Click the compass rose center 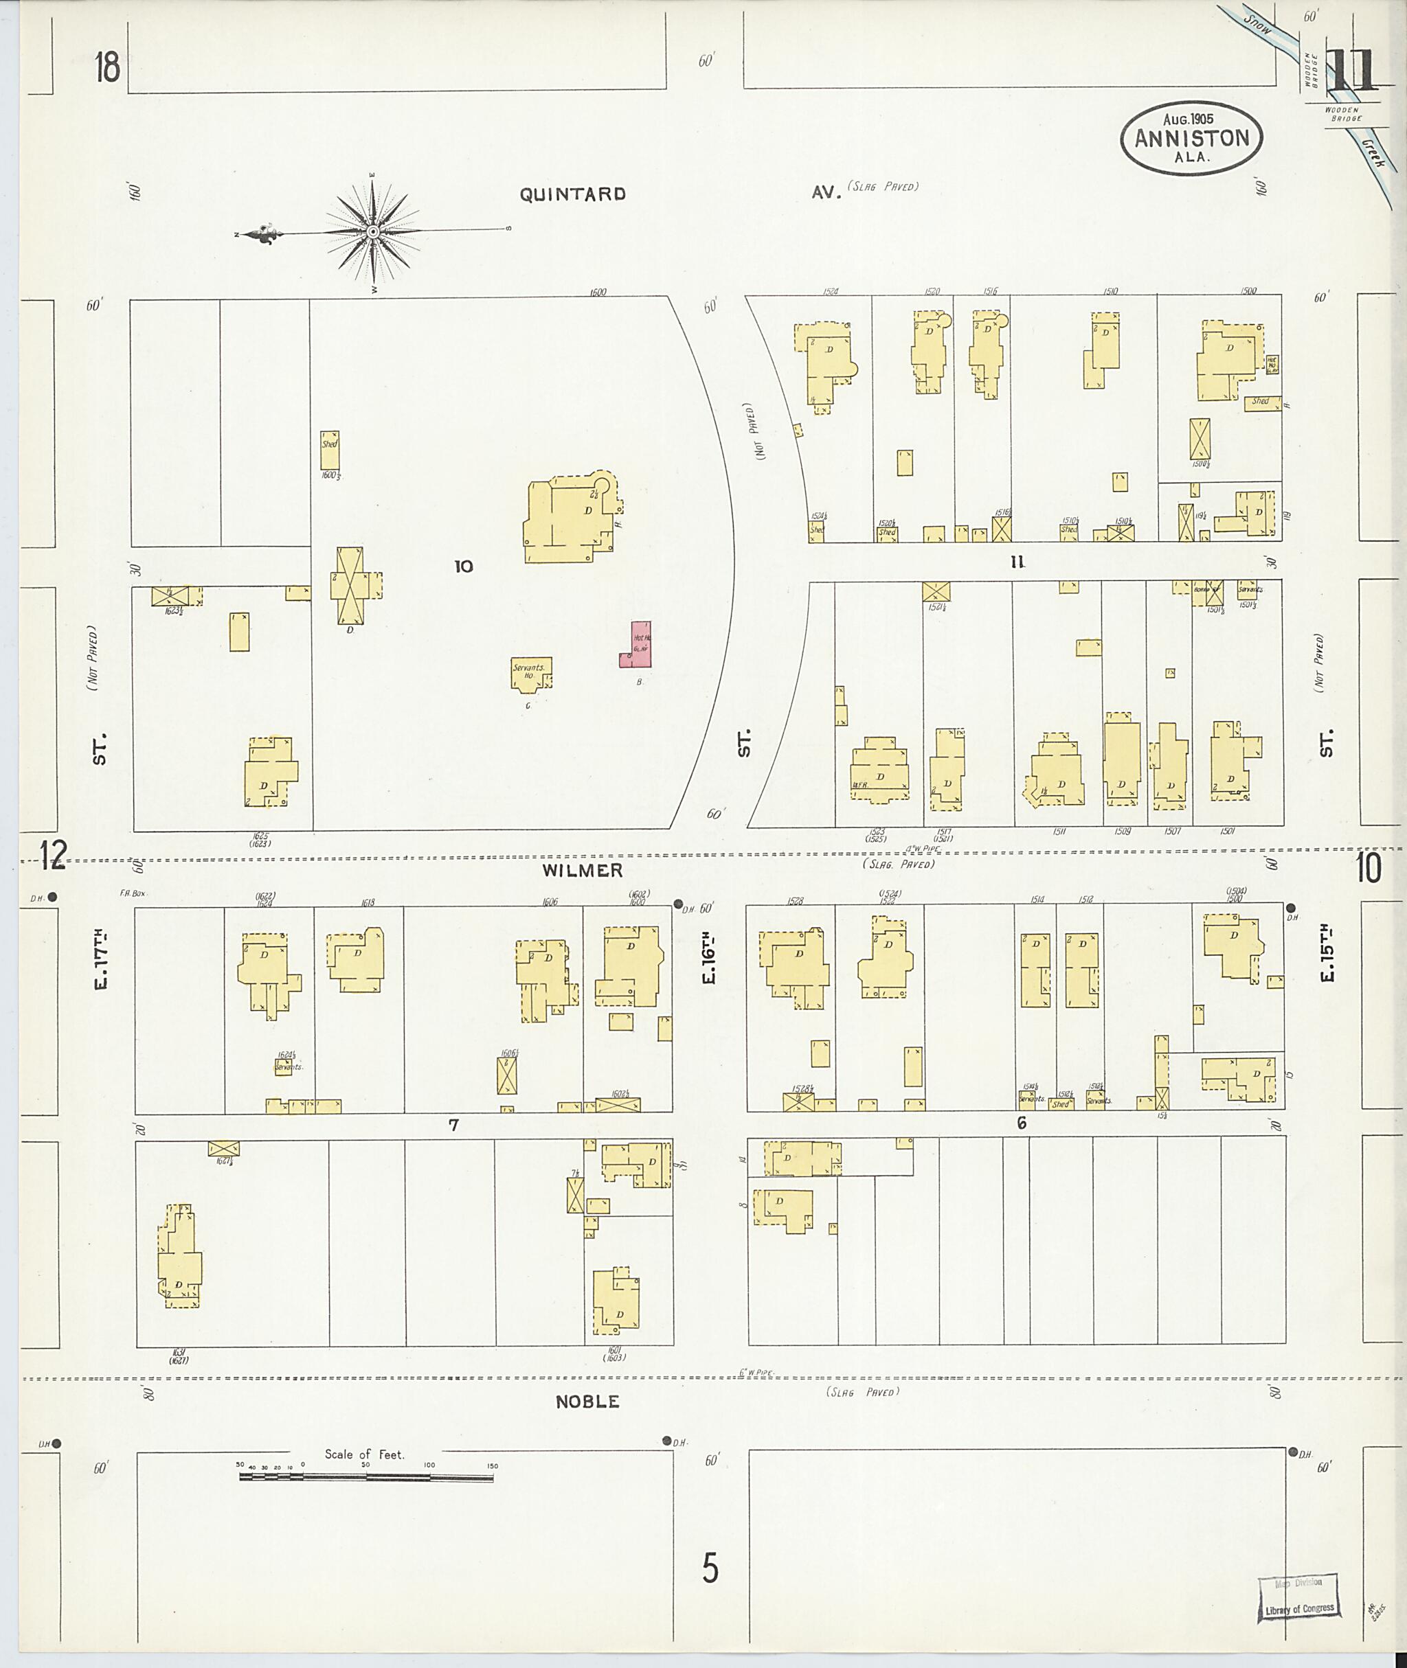[x=372, y=231]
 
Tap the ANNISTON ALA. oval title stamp [x=1192, y=138]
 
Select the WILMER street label [x=583, y=871]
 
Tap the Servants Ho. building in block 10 [x=530, y=673]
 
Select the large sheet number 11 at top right [x=1351, y=71]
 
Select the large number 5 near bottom [x=710, y=1569]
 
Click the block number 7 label [x=454, y=1125]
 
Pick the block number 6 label [x=1021, y=1123]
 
